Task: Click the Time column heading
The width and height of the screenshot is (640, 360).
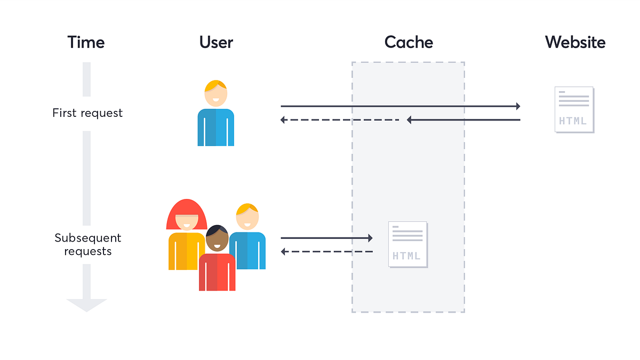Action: click(x=85, y=42)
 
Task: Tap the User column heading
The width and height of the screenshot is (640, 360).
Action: click(x=216, y=42)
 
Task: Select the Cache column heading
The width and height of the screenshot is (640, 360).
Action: click(x=409, y=42)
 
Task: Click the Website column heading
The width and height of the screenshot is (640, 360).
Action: click(x=575, y=42)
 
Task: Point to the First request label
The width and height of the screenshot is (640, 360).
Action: click(x=87, y=113)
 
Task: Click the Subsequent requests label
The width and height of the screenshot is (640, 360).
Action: click(x=87, y=244)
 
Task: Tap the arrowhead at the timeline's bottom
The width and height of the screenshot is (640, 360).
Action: click(x=86, y=305)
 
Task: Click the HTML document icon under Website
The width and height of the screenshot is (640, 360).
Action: click(x=574, y=109)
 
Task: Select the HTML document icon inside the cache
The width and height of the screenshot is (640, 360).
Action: click(x=408, y=244)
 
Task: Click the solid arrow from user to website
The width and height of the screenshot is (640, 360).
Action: click(x=400, y=106)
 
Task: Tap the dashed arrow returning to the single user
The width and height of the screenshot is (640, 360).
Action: click(x=340, y=120)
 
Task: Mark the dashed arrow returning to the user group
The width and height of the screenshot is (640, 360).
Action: click(x=326, y=251)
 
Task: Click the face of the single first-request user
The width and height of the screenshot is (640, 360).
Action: click(x=216, y=95)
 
